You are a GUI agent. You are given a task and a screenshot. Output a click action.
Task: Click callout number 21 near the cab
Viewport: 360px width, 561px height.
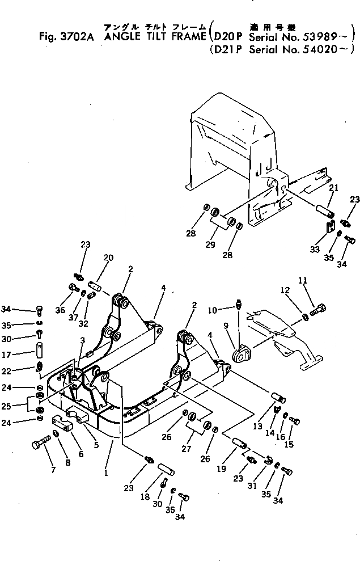334,188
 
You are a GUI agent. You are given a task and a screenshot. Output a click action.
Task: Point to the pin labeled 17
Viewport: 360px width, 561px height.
39,347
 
